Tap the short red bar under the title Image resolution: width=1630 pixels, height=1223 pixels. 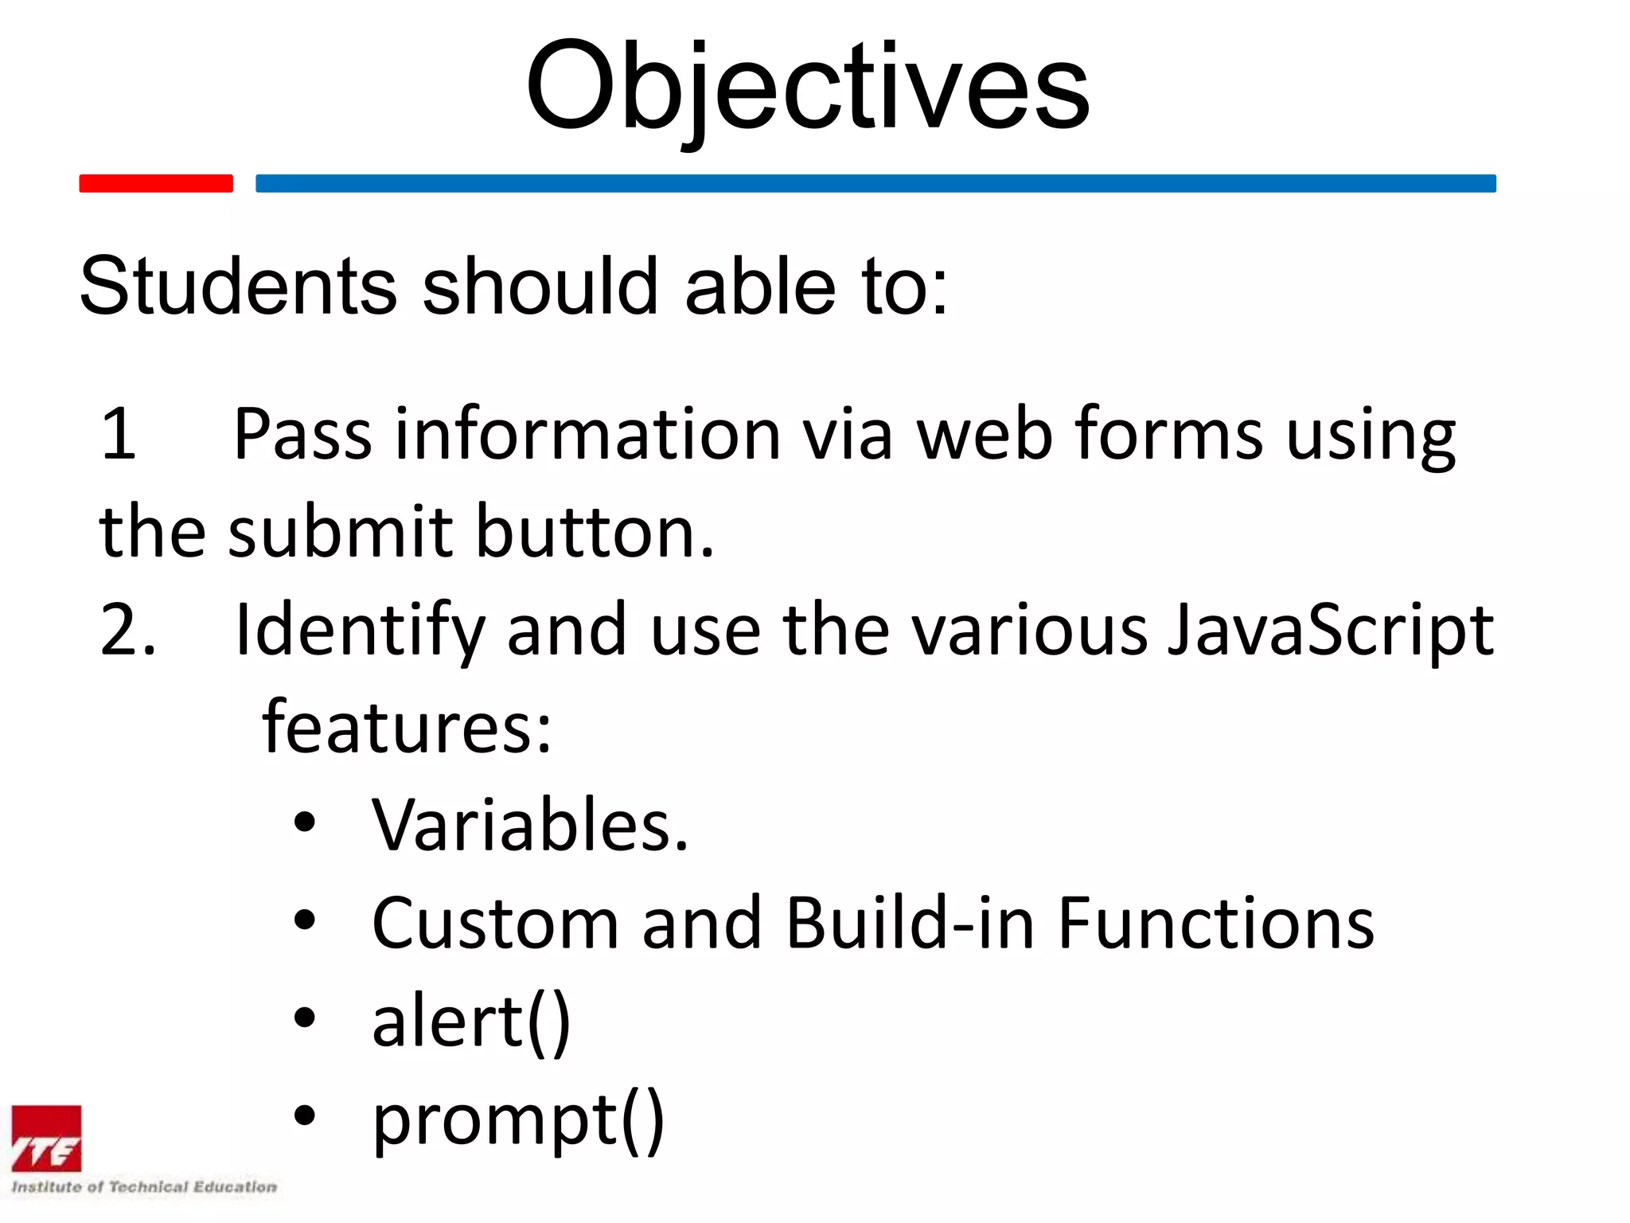click(156, 183)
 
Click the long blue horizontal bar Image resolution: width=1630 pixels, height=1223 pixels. click(875, 183)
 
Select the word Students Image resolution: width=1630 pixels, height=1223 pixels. click(238, 286)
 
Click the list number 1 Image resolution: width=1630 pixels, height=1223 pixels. click(119, 434)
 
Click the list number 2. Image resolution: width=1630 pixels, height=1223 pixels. click(127, 630)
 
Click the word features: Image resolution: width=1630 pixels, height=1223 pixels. click(407, 726)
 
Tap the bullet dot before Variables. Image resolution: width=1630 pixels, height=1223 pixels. click(305, 822)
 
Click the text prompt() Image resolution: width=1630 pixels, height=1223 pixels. click(518, 1120)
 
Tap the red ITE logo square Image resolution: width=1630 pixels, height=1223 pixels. click(46, 1139)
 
